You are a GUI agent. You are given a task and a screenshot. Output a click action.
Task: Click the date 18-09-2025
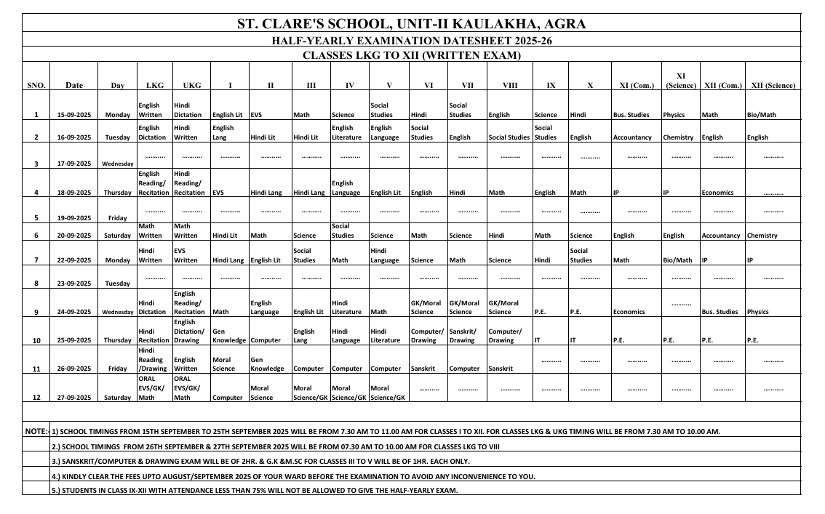tap(74, 193)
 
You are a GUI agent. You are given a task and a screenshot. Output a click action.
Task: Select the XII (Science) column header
tap(773, 85)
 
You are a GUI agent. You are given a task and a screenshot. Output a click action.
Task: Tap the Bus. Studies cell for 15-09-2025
tap(631, 115)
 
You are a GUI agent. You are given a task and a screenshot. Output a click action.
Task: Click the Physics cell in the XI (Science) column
tap(674, 115)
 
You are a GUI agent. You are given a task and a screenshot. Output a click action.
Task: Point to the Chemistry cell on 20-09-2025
tap(762, 236)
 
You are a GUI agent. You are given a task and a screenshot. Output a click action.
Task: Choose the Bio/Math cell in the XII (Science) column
tap(761, 115)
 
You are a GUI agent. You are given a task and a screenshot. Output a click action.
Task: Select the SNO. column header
tap(36, 86)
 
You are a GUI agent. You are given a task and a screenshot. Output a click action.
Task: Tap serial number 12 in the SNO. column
tap(36, 398)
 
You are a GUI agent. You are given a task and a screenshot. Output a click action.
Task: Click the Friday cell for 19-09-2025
tap(117, 218)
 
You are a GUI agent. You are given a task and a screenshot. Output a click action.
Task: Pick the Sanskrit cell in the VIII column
tap(501, 369)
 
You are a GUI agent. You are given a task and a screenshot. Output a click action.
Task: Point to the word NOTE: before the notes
tap(36, 431)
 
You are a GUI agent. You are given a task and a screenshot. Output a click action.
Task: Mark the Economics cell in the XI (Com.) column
tap(629, 312)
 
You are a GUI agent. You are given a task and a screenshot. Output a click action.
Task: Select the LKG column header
tap(155, 85)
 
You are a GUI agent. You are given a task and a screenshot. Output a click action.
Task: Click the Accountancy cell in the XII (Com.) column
tap(721, 236)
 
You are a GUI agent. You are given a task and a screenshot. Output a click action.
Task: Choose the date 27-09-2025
tap(74, 398)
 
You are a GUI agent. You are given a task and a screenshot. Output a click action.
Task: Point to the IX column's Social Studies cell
tap(544, 132)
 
